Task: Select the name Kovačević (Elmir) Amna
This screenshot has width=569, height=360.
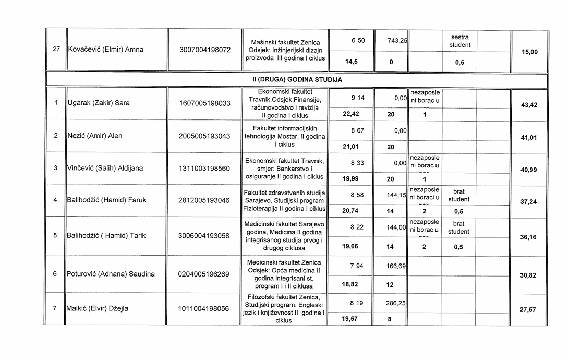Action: click(105, 50)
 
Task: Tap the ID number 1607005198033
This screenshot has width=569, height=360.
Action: click(204, 103)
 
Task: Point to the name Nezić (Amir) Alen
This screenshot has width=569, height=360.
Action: click(94, 136)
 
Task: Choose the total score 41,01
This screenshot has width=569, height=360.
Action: click(529, 138)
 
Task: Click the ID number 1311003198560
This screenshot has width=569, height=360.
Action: click(204, 169)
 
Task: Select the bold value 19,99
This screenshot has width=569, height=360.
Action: click(350, 179)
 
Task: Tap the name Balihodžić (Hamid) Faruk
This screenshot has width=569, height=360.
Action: click(107, 200)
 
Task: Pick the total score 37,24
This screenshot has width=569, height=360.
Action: click(529, 202)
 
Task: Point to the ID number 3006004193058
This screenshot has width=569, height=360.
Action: click(204, 236)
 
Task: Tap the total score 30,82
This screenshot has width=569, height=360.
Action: click(529, 275)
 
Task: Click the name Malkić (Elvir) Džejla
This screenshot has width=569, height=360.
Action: click(98, 308)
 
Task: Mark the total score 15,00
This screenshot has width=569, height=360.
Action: click(529, 52)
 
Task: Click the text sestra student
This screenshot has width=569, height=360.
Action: click(459, 41)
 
